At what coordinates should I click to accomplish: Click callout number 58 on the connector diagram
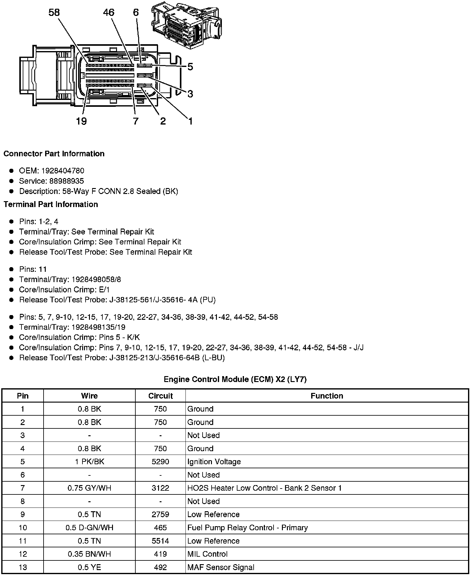point(54,12)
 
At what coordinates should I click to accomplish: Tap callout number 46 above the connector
point(109,12)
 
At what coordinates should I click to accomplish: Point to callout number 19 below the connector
point(81,121)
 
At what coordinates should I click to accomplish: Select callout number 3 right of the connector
point(190,94)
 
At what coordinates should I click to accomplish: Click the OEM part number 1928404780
point(63,171)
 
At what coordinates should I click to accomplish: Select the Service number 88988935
point(67,181)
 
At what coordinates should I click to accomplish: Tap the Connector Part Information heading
point(54,154)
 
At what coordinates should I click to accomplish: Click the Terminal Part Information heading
point(51,204)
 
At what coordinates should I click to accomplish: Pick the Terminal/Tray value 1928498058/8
point(96,279)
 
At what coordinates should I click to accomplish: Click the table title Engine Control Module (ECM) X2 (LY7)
point(235,379)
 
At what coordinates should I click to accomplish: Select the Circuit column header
point(160,396)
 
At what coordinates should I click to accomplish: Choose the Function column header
point(327,396)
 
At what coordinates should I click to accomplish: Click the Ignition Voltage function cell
point(214,461)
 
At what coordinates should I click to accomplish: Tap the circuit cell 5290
point(160,461)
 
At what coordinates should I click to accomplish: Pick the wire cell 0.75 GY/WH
point(89,488)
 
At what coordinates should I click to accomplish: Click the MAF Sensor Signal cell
point(221,567)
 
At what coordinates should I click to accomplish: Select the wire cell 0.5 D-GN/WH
point(89,527)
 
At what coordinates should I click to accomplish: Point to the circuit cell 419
point(160,554)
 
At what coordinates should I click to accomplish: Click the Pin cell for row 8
point(22,501)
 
